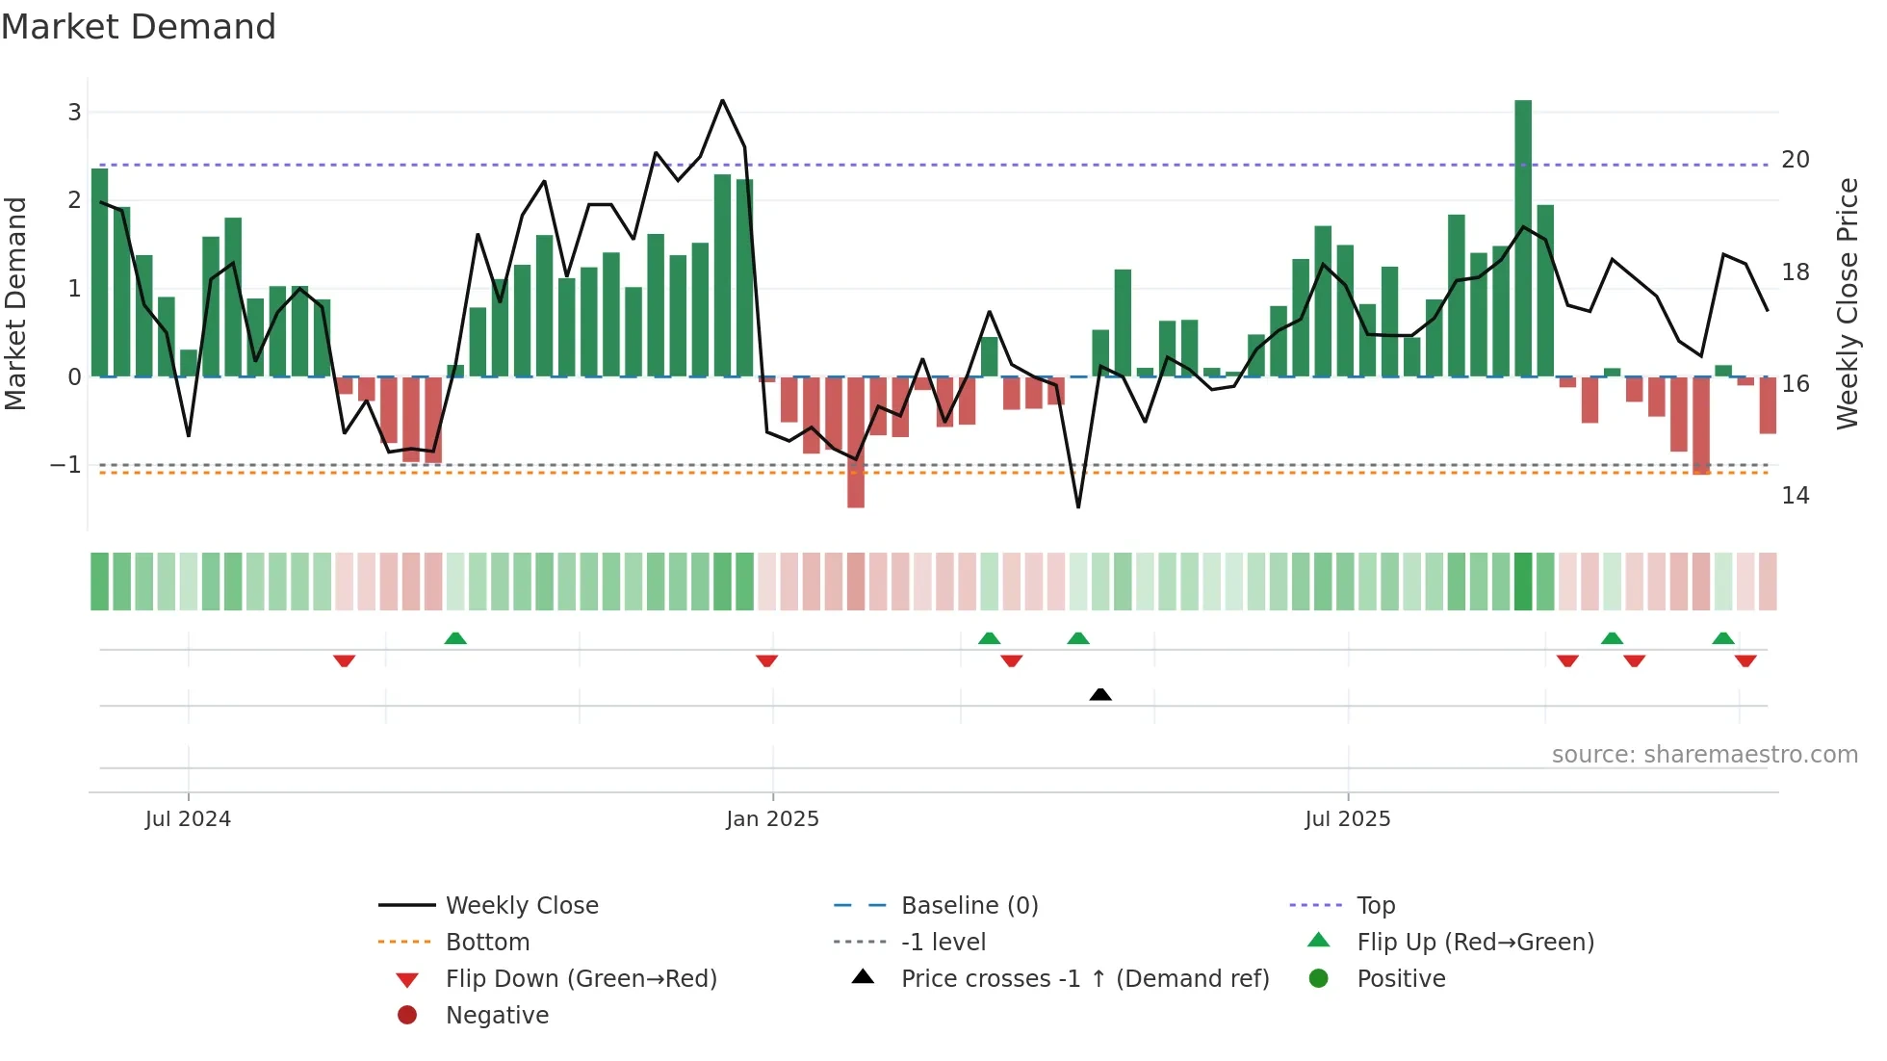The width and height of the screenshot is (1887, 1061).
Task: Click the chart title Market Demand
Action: [139, 27]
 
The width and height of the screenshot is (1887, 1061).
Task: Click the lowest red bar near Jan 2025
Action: [855, 442]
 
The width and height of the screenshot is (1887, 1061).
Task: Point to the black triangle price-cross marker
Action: [1100, 694]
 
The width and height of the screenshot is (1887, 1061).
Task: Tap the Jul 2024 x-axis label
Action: [188, 819]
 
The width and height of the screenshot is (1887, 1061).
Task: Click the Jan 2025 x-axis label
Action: [772, 819]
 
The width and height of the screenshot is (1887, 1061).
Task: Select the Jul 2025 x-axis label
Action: [1347, 819]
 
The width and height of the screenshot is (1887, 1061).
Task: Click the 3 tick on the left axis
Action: [74, 113]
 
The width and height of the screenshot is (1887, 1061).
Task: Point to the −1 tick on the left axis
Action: [65, 465]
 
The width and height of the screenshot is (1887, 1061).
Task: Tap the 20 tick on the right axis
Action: [1795, 160]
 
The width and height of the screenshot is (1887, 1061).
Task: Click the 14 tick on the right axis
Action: [1795, 496]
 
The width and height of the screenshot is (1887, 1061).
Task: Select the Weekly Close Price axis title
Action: [1847, 303]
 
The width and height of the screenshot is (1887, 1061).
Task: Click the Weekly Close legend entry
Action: [521, 906]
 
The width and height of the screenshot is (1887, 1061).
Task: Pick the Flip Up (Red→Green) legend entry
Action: [1475, 943]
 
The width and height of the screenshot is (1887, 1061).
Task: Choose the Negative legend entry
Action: [497, 1016]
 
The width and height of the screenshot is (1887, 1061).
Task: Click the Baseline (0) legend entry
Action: [969, 906]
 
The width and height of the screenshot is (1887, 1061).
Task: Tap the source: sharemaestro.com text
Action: [1704, 755]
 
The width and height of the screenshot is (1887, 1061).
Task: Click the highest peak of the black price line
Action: [722, 100]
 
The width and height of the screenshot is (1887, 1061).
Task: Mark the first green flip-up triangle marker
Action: [455, 638]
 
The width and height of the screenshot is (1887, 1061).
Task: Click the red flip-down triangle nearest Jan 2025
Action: [766, 661]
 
